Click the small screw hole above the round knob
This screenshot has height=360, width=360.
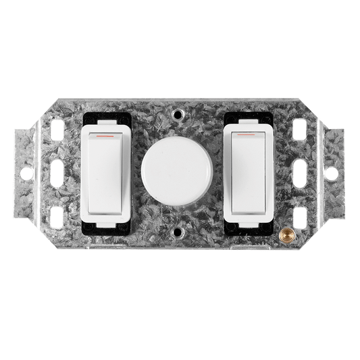tap(179, 115)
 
